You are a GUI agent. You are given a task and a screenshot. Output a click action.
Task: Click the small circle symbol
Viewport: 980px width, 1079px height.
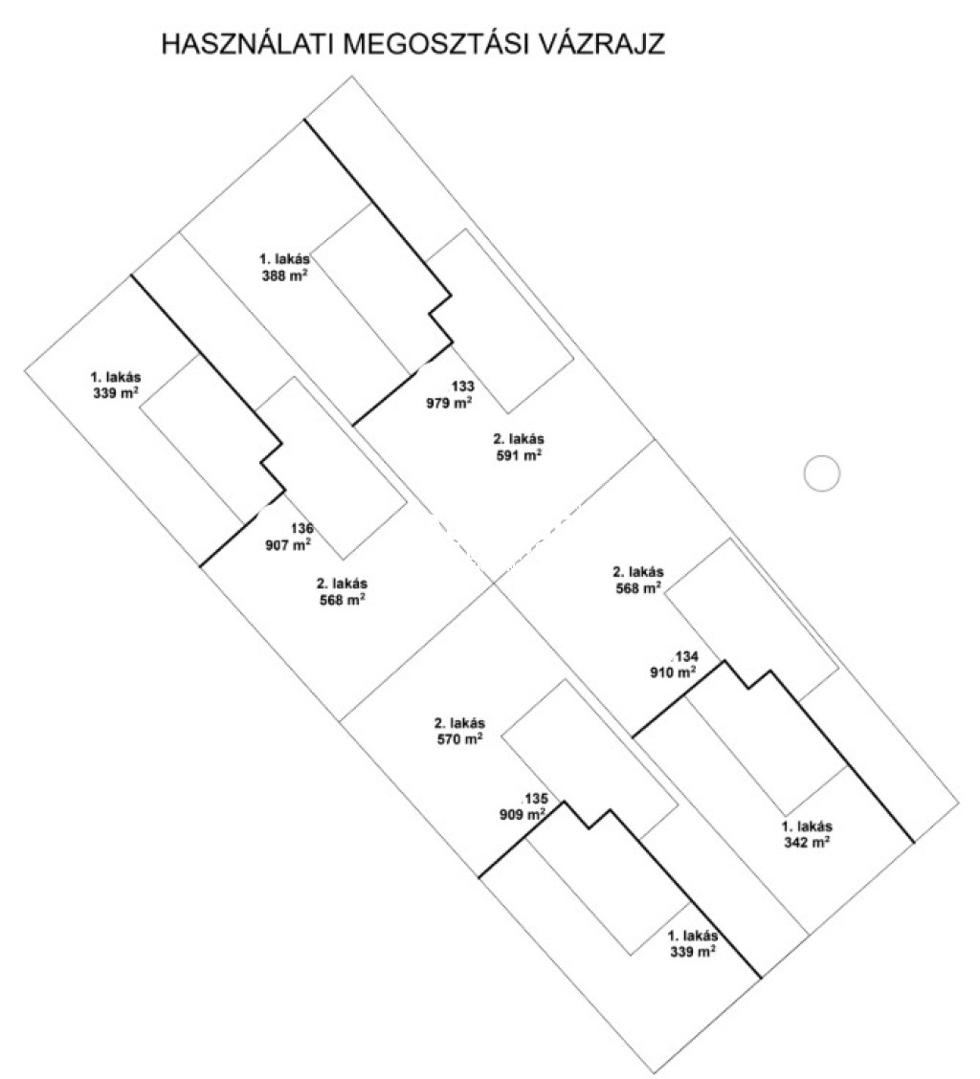(820, 473)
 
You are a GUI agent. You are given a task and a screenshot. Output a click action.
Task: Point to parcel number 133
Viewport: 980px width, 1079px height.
(462, 386)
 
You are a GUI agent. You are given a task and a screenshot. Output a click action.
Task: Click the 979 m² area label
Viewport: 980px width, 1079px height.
(449, 403)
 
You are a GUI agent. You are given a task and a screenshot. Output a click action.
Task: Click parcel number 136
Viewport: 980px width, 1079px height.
(301, 528)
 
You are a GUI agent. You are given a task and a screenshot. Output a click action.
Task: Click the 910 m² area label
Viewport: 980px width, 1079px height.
(673, 672)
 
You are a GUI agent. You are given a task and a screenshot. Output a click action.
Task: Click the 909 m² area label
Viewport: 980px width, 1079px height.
(522, 815)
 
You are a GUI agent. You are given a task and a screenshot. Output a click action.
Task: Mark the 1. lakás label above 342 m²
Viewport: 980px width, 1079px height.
(808, 826)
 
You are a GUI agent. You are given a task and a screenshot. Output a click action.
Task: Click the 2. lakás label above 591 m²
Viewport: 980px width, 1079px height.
(519, 438)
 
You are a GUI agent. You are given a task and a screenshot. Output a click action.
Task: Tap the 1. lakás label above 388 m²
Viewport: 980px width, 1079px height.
(284, 258)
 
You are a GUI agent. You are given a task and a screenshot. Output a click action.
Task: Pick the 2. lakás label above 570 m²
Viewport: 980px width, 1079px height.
(460, 722)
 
